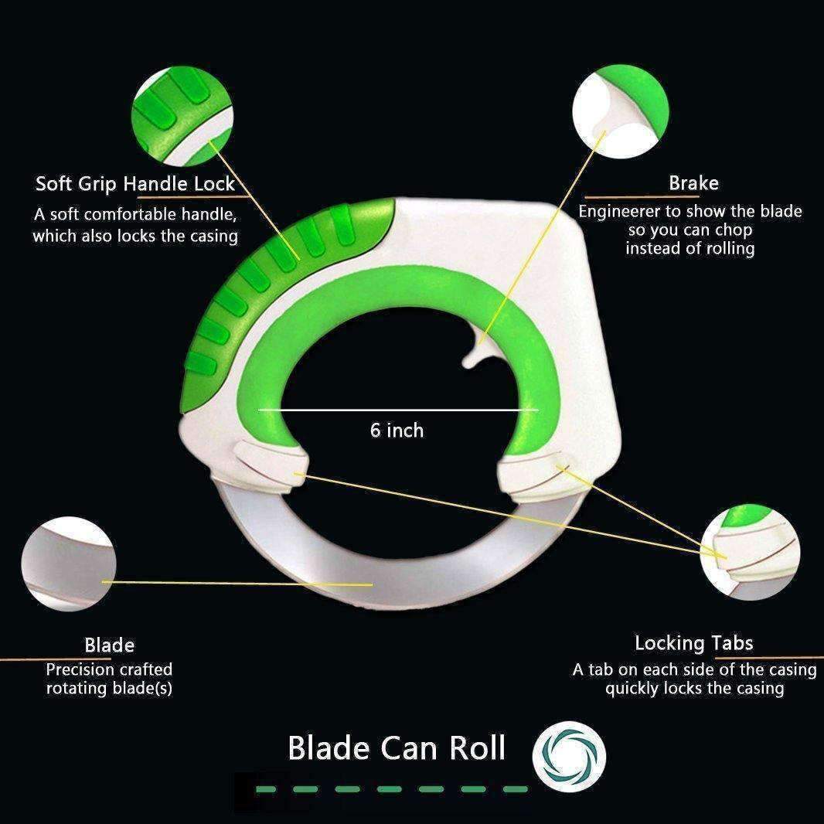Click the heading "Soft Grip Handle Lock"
[135, 184]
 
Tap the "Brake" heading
[693, 183]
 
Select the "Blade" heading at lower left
[109, 645]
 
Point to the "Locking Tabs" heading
[693, 642]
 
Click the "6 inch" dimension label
[397, 431]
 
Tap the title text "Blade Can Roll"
[397, 747]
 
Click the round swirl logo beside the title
[569, 756]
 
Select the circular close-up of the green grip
[182, 117]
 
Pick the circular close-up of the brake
[621, 111]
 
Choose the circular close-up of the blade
[69, 564]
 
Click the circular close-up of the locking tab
[751, 552]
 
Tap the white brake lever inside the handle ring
[477, 350]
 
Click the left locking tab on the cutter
[271, 467]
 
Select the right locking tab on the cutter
[536, 475]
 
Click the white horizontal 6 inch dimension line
[398, 410]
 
